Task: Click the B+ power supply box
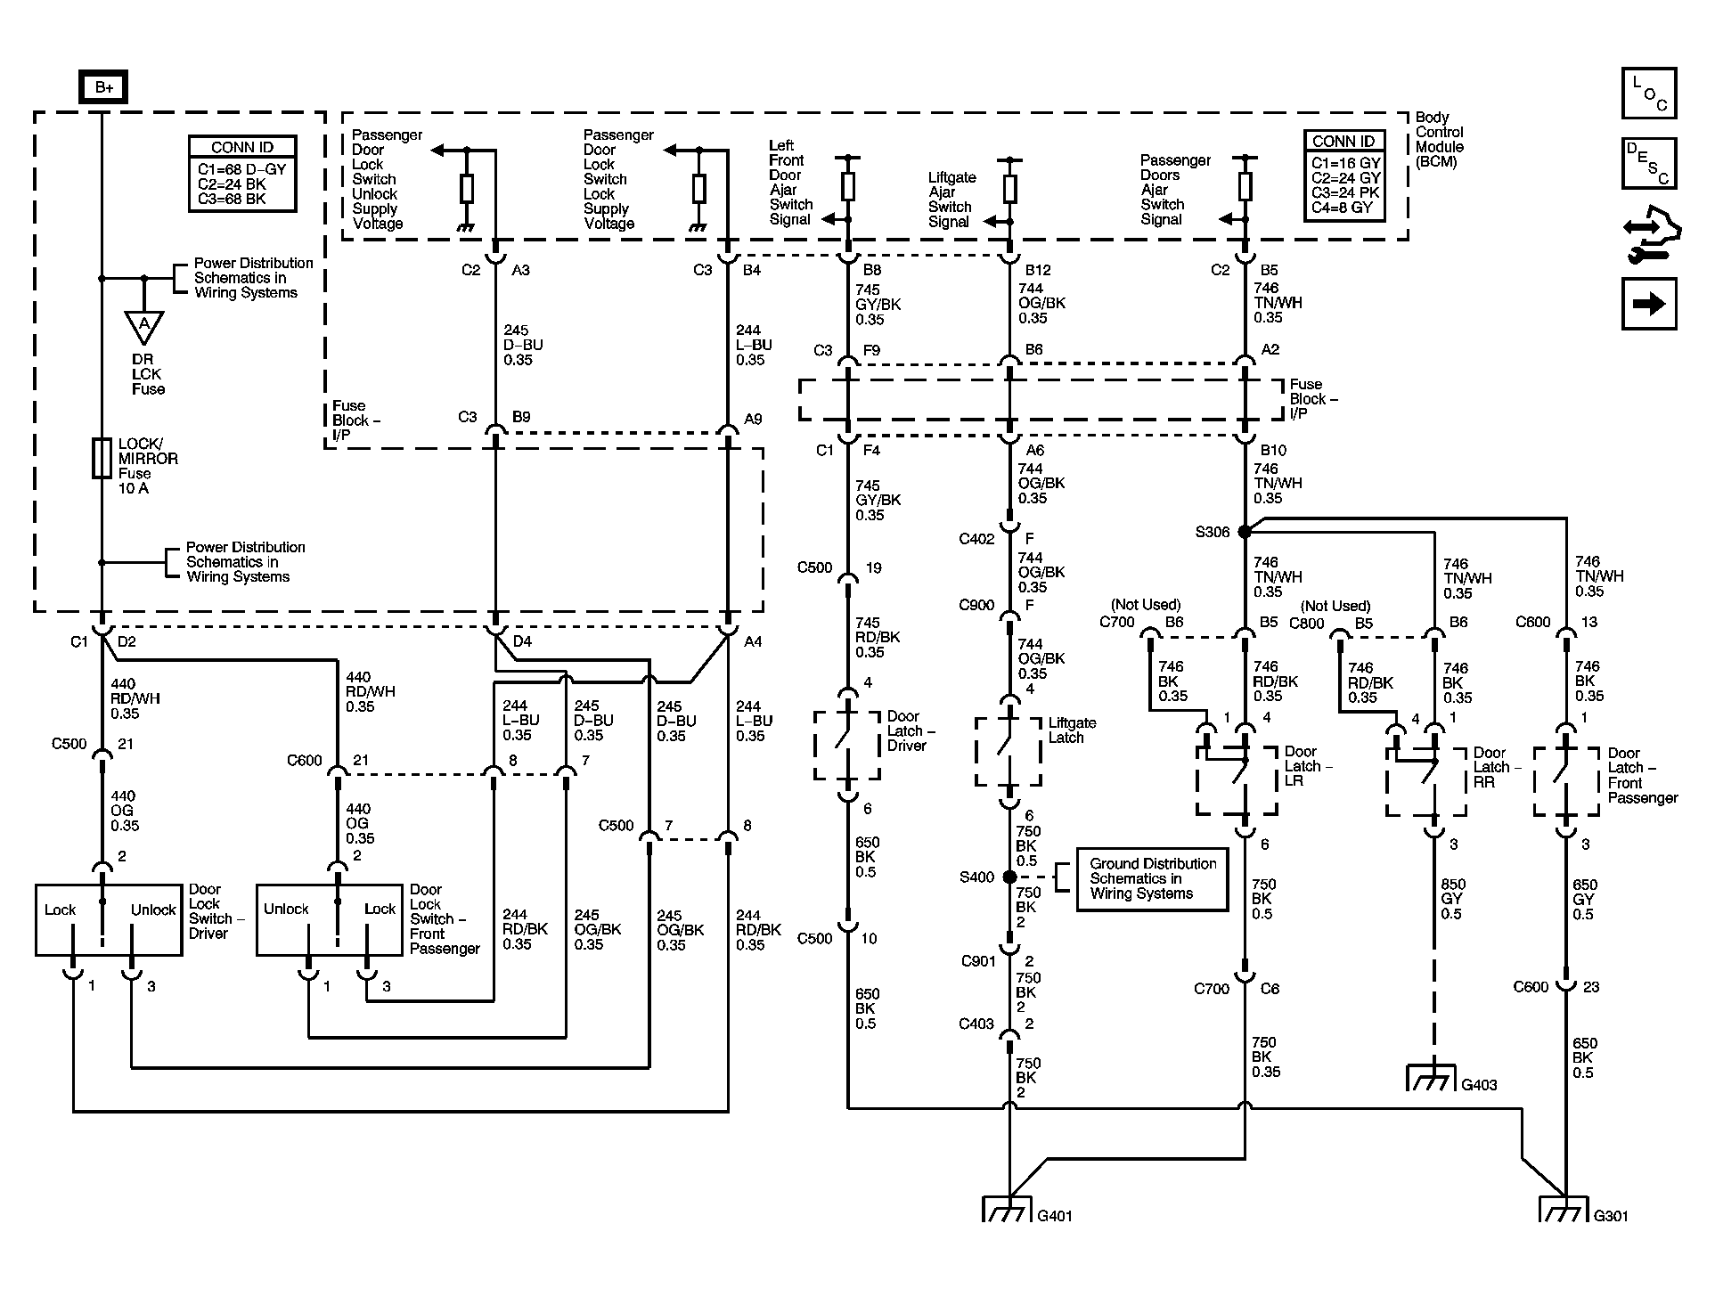[x=103, y=87]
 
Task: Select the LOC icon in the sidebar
[x=1649, y=93]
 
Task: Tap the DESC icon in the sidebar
[x=1649, y=163]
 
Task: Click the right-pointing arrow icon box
[x=1649, y=304]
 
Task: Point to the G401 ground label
[x=1055, y=1215]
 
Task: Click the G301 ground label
[x=1611, y=1215]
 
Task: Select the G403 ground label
[x=1479, y=1084]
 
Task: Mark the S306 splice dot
[x=1245, y=531]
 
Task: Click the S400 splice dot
[x=1009, y=877]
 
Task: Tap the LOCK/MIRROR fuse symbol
[x=102, y=458]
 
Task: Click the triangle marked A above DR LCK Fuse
[x=143, y=327]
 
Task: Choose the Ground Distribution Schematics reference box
[x=1152, y=878]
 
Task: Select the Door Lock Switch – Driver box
[x=109, y=920]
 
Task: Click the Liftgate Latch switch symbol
[x=1009, y=752]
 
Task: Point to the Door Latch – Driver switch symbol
[x=847, y=745]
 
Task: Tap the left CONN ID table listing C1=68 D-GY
[x=242, y=173]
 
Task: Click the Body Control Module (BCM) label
[x=1439, y=140]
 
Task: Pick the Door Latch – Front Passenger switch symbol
[x=1566, y=782]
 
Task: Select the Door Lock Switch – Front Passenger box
[x=330, y=920]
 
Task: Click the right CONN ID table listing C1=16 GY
[x=1345, y=174]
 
